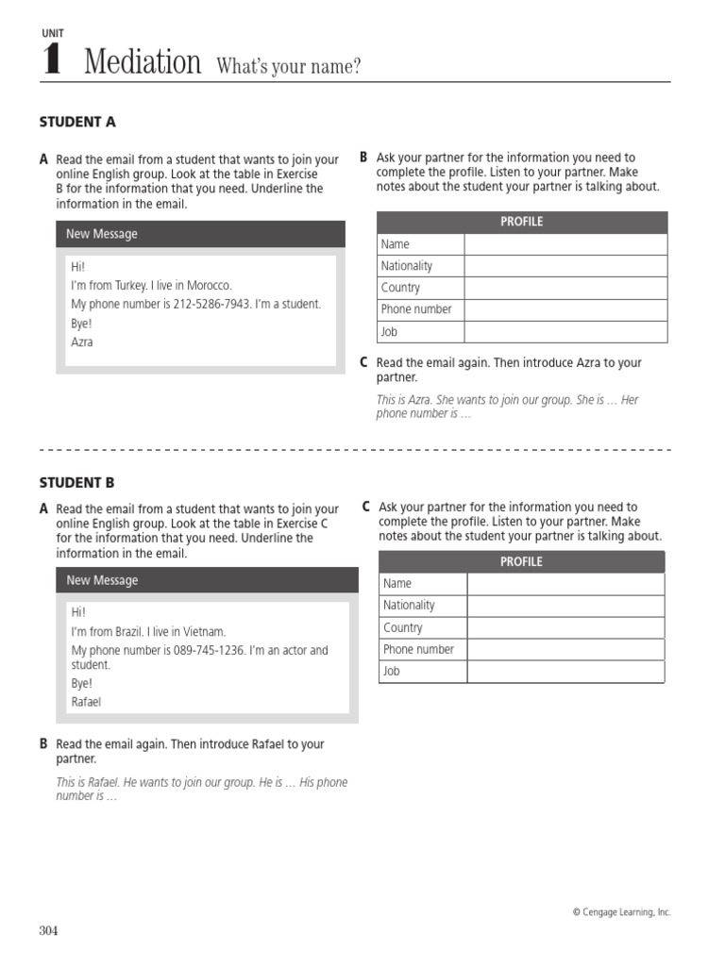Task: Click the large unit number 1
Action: tap(52, 61)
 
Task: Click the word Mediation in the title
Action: tap(143, 63)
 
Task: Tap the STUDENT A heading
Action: tap(77, 122)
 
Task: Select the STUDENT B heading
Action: tap(76, 482)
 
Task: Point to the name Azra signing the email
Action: tap(82, 341)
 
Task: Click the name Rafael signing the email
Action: tap(86, 702)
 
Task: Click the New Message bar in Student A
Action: tap(200, 234)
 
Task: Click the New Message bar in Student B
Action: tap(206, 580)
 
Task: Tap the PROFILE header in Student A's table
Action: tap(521, 222)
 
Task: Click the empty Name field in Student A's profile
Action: tap(565, 244)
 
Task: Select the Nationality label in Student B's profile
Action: tap(410, 605)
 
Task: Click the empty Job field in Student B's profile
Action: tap(565, 672)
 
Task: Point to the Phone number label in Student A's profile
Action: tap(416, 309)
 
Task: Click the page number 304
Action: tap(48, 931)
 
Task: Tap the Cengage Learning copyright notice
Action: tap(621, 912)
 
